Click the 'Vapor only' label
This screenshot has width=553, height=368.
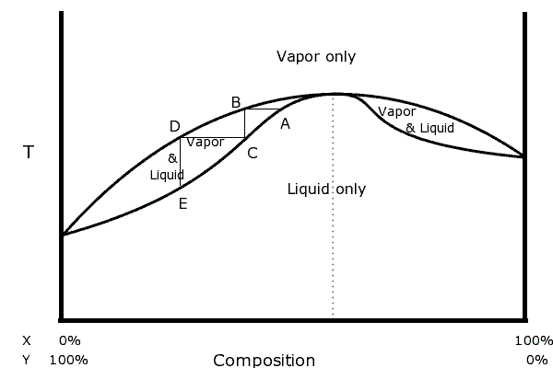pyautogui.click(x=316, y=57)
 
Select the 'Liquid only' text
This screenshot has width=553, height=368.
pyautogui.click(x=326, y=190)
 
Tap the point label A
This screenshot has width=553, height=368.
pyautogui.click(x=285, y=123)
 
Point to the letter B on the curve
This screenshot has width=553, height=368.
pyautogui.click(x=236, y=101)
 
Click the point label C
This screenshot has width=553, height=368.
pyautogui.click(x=252, y=153)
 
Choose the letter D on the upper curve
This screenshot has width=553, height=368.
pyautogui.click(x=175, y=126)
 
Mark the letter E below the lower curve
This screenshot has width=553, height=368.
pyautogui.click(x=182, y=204)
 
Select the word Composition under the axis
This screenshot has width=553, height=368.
pyautogui.click(x=264, y=361)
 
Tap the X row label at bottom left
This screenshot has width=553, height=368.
pyautogui.click(x=27, y=340)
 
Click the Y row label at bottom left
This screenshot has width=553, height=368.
pyautogui.click(x=27, y=360)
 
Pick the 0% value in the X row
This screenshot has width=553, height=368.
pyautogui.click(x=70, y=340)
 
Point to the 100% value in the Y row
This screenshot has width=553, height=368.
pyautogui.click(x=69, y=360)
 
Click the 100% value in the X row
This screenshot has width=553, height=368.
pyautogui.click(x=533, y=340)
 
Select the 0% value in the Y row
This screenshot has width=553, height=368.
pyautogui.click(x=536, y=360)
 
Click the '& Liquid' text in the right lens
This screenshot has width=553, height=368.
pyautogui.click(x=429, y=128)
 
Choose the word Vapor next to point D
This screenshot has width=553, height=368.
pyautogui.click(x=205, y=143)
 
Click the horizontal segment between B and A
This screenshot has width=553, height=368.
pyautogui.click(x=262, y=109)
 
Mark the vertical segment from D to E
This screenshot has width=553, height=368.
pyautogui.click(x=181, y=163)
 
